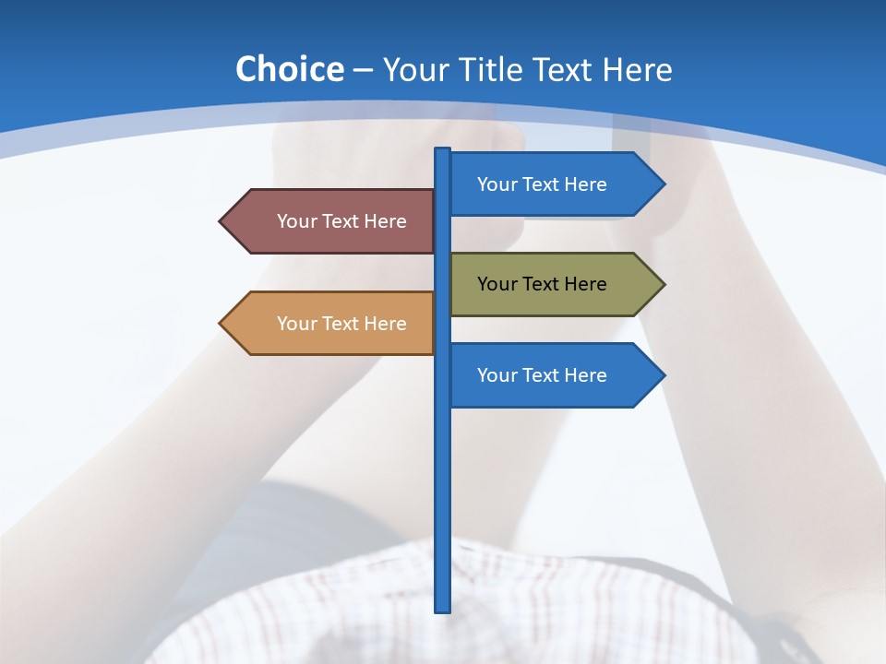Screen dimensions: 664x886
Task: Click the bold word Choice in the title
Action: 289,69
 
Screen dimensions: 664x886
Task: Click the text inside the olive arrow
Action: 542,284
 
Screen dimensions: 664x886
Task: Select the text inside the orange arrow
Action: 341,324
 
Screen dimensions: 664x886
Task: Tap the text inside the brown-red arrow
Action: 341,221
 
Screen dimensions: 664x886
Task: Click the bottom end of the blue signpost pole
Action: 443,608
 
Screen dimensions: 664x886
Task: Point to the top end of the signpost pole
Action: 443,151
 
